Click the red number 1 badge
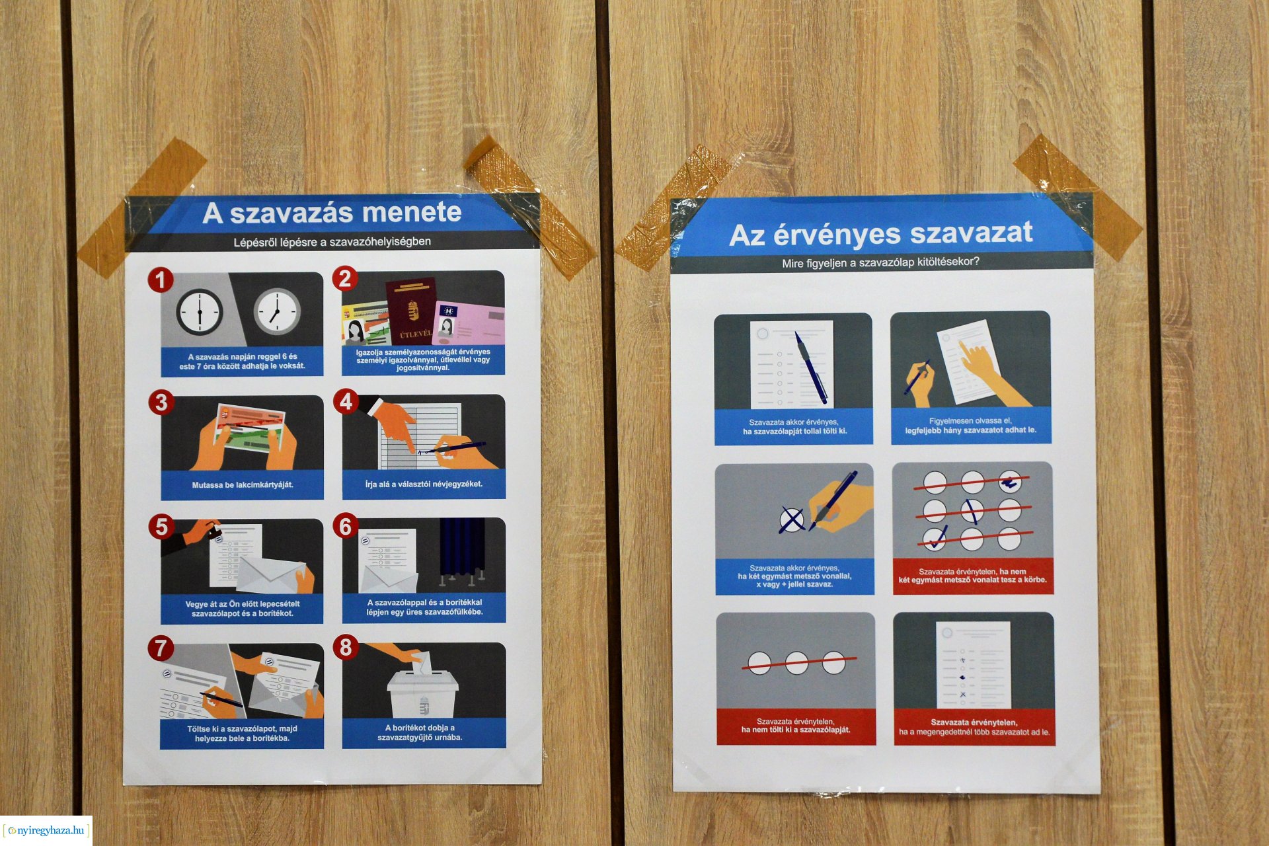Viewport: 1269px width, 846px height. (x=160, y=280)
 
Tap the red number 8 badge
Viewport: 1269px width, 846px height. (x=346, y=648)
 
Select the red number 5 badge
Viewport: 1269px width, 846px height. (x=161, y=527)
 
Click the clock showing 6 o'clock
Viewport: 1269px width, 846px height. (x=200, y=311)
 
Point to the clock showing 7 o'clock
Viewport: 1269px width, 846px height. (x=278, y=311)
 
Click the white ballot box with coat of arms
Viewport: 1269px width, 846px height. (x=422, y=694)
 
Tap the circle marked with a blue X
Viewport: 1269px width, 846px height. (x=792, y=519)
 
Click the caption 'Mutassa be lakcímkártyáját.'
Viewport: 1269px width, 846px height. (x=243, y=485)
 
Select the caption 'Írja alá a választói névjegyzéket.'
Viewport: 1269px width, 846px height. (x=424, y=484)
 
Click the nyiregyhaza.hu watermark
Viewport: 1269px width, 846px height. (x=46, y=831)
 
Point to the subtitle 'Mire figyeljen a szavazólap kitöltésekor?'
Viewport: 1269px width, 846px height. (x=880, y=262)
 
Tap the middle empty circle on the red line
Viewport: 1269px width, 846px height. (x=796, y=662)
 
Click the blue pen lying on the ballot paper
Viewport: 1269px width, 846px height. (x=811, y=367)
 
